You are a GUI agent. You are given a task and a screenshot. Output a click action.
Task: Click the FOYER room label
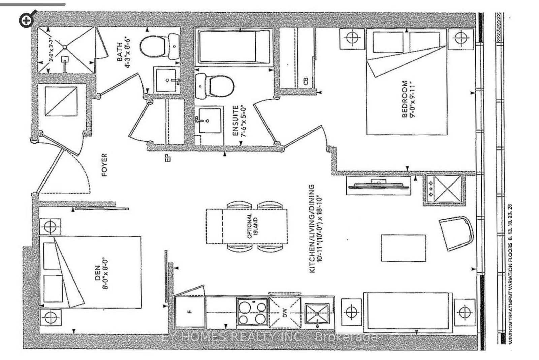104,165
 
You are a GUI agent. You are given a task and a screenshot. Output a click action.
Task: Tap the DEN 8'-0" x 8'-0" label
101,273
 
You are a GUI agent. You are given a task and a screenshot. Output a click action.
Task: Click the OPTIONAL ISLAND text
252,226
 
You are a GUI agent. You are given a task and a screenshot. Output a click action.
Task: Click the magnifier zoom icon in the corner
27,20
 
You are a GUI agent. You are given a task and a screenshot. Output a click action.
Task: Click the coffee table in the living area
403,248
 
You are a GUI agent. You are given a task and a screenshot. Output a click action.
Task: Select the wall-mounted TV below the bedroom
379,185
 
